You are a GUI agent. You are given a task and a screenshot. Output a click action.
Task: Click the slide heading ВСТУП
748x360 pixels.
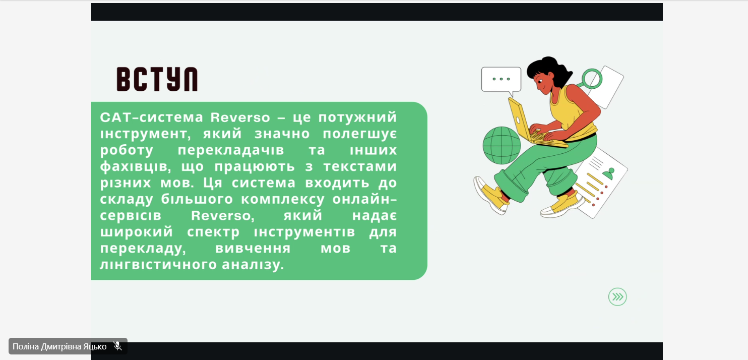point(157,79)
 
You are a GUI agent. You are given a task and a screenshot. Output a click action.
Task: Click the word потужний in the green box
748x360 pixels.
point(357,117)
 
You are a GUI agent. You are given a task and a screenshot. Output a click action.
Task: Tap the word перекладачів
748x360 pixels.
point(231,150)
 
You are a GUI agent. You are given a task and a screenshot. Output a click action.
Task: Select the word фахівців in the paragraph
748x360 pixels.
point(136,167)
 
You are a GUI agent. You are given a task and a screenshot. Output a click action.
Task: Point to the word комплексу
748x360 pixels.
point(282,199)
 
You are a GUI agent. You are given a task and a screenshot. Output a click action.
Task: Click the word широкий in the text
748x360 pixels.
point(137,231)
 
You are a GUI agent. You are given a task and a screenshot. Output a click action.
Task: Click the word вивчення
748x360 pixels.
point(253,248)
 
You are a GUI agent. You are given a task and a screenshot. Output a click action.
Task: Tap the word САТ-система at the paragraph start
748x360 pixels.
point(152,117)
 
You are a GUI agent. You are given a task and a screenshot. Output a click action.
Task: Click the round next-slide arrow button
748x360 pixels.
point(617,296)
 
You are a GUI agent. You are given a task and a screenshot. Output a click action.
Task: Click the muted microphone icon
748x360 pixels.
point(117,346)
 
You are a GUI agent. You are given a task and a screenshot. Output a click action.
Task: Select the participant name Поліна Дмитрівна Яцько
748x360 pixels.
point(59,347)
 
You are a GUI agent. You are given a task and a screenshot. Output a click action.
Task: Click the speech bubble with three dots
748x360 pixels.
point(501,80)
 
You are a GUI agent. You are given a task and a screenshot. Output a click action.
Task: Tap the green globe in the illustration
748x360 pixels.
point(502,145)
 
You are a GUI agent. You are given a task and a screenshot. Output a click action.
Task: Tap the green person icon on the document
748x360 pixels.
point(609,173)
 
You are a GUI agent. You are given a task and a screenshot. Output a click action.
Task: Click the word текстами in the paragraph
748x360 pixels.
point(360,167)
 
